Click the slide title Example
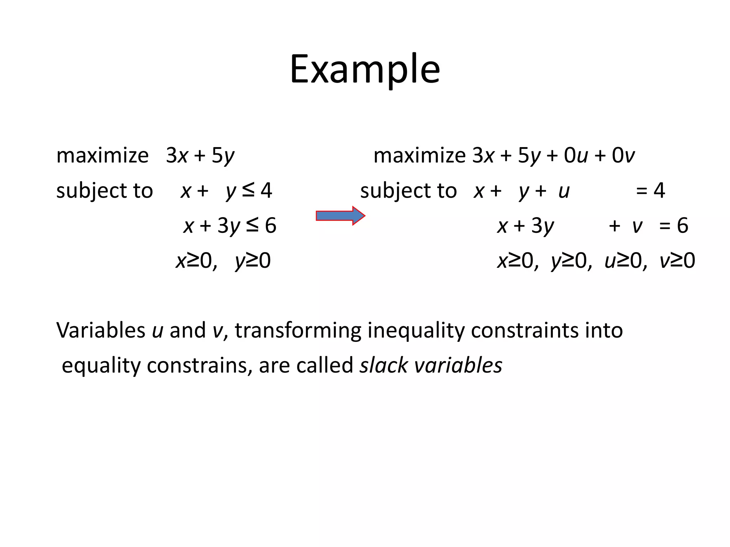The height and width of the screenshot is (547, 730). [365, 69]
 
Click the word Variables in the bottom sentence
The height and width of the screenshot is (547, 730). [101, 330]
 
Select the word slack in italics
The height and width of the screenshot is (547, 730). [384, 365]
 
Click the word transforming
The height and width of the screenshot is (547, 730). [298, 331]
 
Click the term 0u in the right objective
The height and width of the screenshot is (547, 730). [576, 156]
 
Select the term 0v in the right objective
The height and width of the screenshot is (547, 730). [623, 156]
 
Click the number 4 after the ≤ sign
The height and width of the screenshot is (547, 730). [266, 191]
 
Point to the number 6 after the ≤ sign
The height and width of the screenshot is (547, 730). [271, 225]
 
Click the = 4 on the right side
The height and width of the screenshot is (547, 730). [651, 191]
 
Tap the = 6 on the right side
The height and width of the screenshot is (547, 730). [673, 225]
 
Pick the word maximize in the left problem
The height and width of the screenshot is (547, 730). [102, 156]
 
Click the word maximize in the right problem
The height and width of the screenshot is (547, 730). [420, 156]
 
